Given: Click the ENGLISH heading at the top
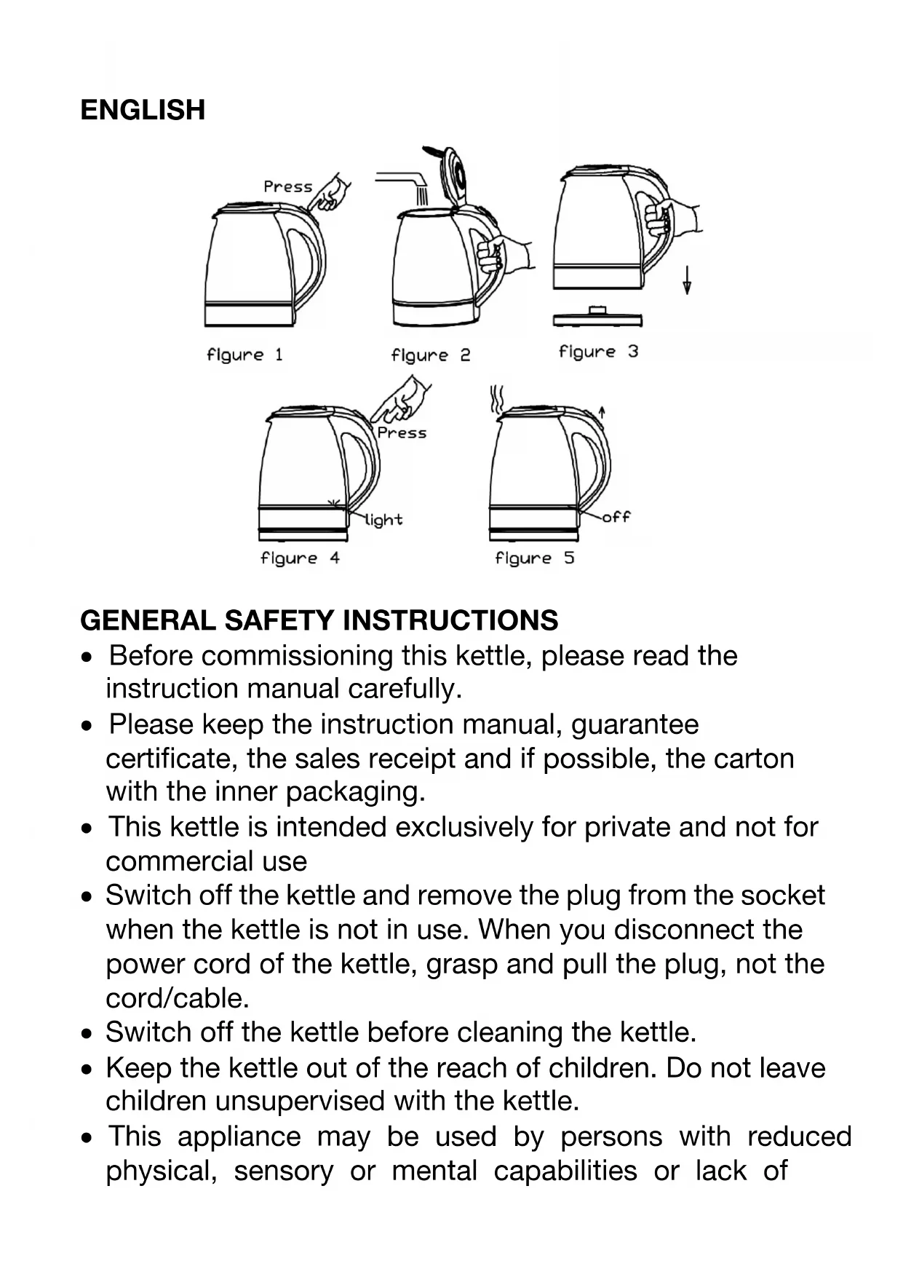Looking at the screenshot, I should coord(143,110).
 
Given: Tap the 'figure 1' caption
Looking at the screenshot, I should coord(244,355).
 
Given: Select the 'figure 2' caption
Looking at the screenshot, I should coord(431,355).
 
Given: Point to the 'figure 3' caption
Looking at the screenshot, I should coord(598,352).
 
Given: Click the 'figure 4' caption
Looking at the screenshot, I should coord(300,558).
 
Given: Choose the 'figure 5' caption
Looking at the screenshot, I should coord(535,558).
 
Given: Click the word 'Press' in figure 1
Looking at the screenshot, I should coord(287,186).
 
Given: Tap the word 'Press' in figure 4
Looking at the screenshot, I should coord(402,432).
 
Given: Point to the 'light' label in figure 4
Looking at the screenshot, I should coord(383,520).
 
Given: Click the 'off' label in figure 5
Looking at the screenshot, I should coord(616,517).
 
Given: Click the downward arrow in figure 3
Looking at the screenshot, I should coord(686,281).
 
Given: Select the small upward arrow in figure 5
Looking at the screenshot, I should coord(602,412).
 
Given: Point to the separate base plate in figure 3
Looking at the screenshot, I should coord(597,318).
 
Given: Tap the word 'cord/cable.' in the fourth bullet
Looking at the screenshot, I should coord(178,998).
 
